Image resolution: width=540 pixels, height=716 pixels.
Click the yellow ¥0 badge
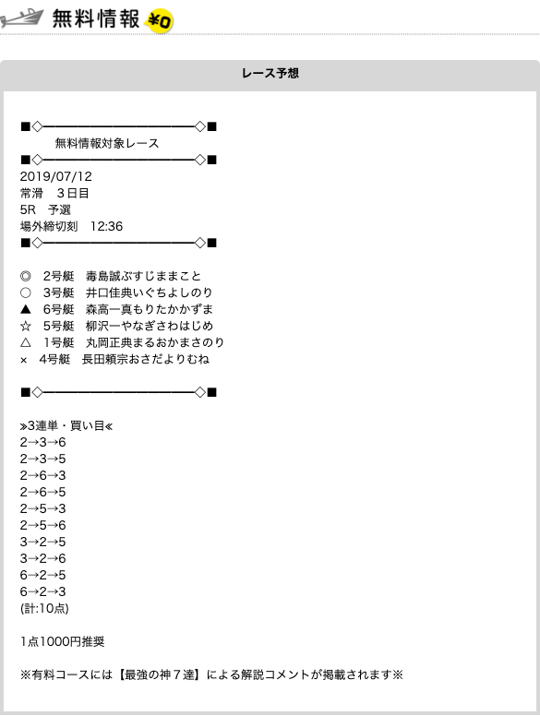point(159,21)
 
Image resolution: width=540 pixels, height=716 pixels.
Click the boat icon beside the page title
point(22,18)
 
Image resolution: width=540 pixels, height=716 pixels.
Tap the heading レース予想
point(270,73)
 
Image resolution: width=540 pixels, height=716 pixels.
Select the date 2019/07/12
point(55,176)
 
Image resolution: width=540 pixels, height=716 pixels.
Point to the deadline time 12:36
point(106,226)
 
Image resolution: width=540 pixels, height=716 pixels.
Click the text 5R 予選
point(45,209)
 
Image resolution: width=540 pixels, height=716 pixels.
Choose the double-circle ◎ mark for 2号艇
point(26,276)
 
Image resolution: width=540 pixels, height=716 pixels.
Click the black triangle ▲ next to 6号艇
point(26,309)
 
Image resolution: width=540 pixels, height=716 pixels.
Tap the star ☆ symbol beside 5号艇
point(26,326)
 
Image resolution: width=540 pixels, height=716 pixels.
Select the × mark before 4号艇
point(24,360)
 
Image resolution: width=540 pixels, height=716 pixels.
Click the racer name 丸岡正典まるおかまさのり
point(155,342)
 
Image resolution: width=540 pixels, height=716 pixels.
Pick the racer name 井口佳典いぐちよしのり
point(150,292)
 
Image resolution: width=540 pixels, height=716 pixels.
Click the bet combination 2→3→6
point(43,442)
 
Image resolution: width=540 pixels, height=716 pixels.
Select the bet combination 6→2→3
point(43,591)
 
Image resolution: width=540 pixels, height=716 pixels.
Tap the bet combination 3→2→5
point(43,542)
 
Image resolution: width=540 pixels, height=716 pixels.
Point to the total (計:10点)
point(44,608)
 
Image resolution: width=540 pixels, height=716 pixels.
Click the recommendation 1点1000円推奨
point(62,641)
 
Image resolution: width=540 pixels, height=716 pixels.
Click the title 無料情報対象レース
point(107,143)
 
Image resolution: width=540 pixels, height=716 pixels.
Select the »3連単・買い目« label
point(66,426)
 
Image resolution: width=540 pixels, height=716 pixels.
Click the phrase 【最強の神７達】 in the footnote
point(160,674)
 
